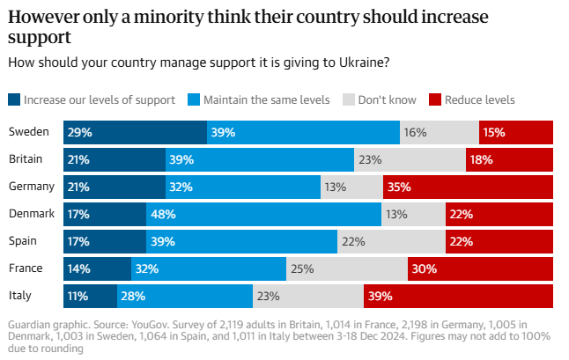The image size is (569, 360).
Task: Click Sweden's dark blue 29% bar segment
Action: coord(135,132)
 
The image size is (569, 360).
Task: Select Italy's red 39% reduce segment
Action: coord(458,297)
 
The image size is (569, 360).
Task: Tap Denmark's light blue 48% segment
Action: coord(263,214)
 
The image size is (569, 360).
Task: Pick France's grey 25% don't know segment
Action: coord(346,269)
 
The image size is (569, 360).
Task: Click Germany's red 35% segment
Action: coord(469,187)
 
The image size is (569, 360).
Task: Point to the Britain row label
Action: coord(25,159)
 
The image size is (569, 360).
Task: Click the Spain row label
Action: coord(23,241)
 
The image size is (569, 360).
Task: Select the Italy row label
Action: coord(19,297)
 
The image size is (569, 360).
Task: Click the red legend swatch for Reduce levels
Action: coord(434,99)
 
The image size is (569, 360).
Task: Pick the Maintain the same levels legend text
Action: coord(266,99)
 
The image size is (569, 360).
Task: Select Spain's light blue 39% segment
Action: coord(241,241)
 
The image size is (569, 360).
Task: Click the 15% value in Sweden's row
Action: coord(493,132)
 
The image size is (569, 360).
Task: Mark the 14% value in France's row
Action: coord(81,269)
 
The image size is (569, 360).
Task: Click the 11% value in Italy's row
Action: coord(80,297)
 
